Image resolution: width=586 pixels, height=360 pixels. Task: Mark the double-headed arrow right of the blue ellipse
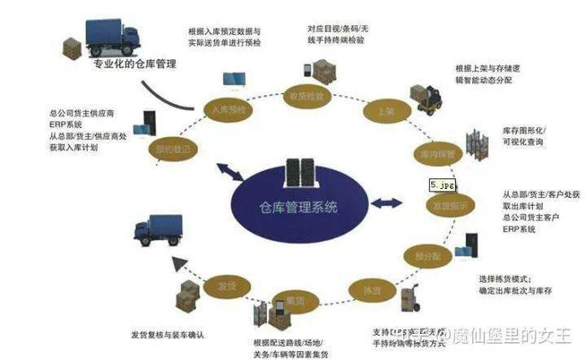(389, 200)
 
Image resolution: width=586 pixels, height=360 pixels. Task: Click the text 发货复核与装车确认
(169, 334)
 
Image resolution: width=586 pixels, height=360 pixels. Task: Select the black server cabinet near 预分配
(470, 248)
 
